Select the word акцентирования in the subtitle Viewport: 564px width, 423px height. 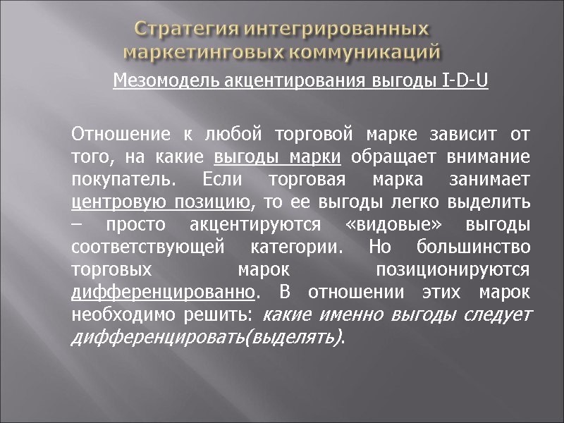coord(279,82)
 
